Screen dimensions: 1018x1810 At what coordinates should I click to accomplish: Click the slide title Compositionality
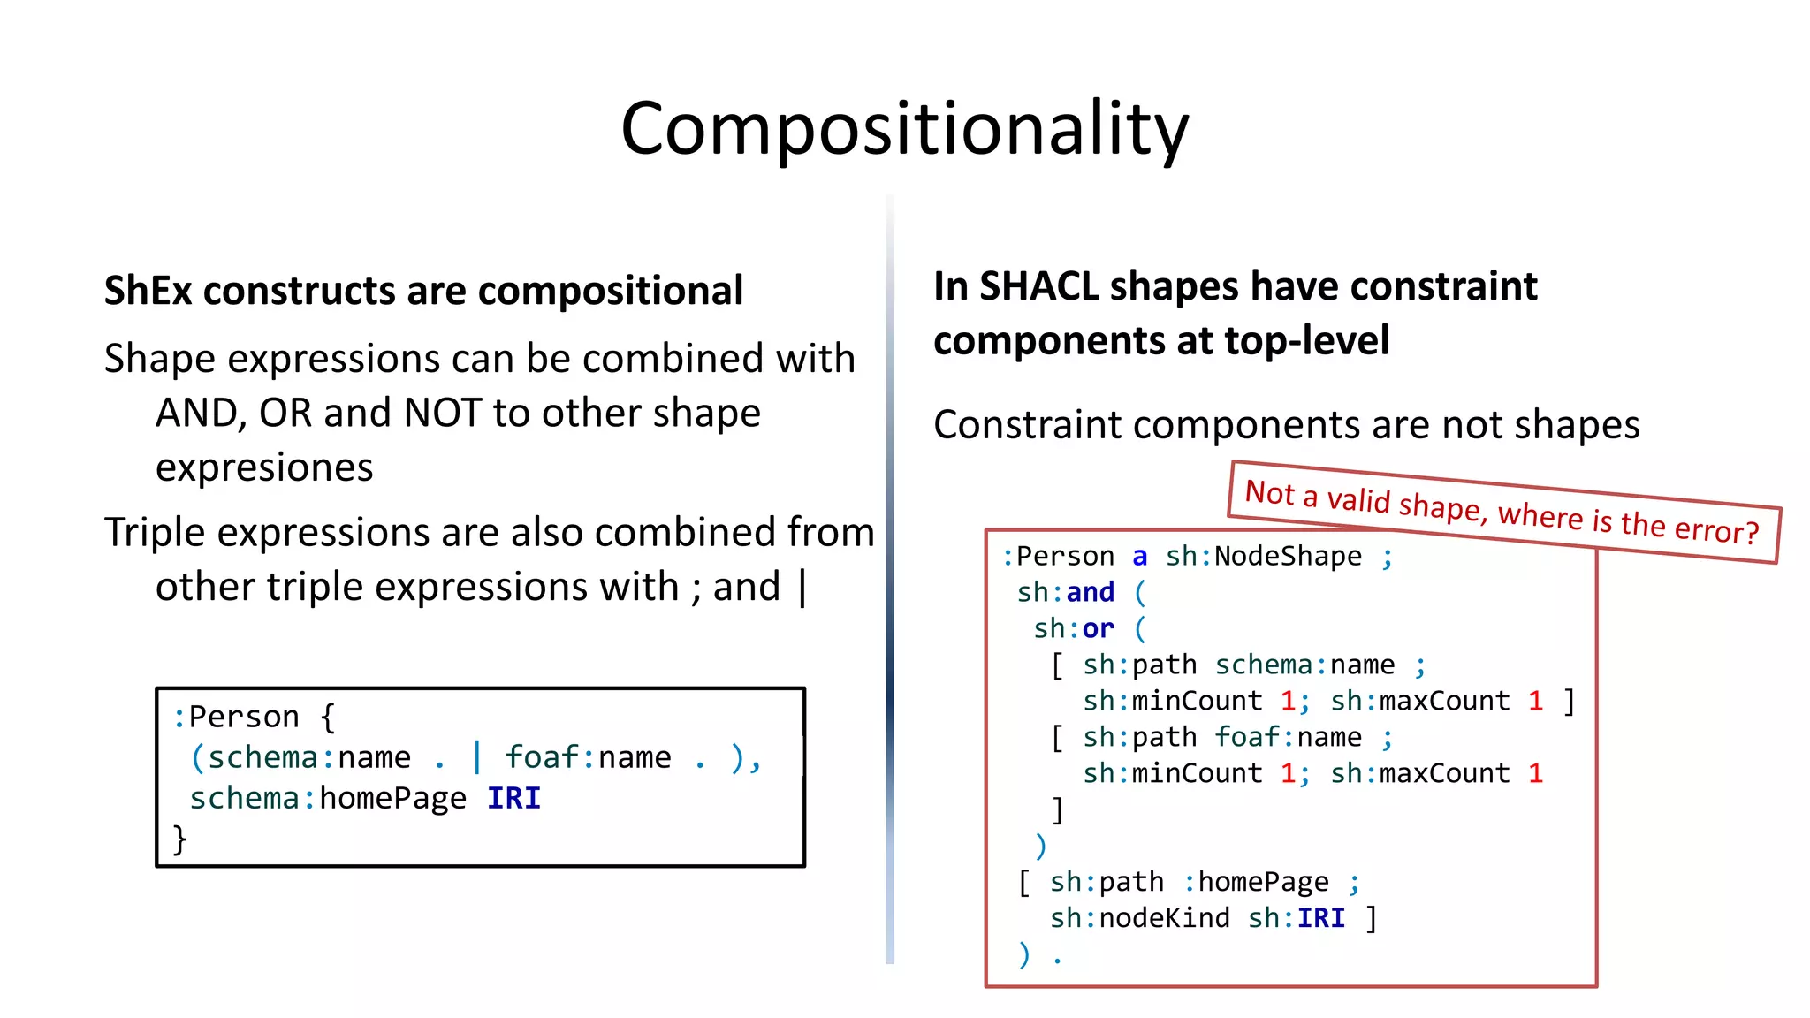click(x=904, y=129)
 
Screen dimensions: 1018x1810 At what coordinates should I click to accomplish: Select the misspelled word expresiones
click(x=264, y=467)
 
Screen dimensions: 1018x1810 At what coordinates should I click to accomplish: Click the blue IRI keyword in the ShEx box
click(x=513, y=799)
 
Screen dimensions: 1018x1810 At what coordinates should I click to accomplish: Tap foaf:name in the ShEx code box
click(x=588, y=758)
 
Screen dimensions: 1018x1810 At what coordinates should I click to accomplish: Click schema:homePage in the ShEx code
click(x=328, y=799)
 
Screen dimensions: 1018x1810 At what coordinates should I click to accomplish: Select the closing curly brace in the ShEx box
click(x=179, y=839)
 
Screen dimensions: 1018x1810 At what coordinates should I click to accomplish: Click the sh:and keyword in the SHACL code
click(x=1066, y=592)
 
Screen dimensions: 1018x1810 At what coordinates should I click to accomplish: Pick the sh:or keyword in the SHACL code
click(x=1074, y=628)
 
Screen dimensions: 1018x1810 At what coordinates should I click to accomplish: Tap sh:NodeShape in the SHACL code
click(x=1263, y=557)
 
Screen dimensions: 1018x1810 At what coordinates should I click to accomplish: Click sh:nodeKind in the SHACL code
click(x=1139, y=918)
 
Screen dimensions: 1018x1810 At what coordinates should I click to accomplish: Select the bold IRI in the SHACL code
click(x=1320, y=918)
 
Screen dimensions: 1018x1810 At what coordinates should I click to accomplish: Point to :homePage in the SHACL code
click(x=1256, y=882)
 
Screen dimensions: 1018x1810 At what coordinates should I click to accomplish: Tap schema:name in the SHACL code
click(x=1304, y=665)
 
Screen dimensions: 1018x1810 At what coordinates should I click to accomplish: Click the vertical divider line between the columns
click(x=890, y=574)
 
